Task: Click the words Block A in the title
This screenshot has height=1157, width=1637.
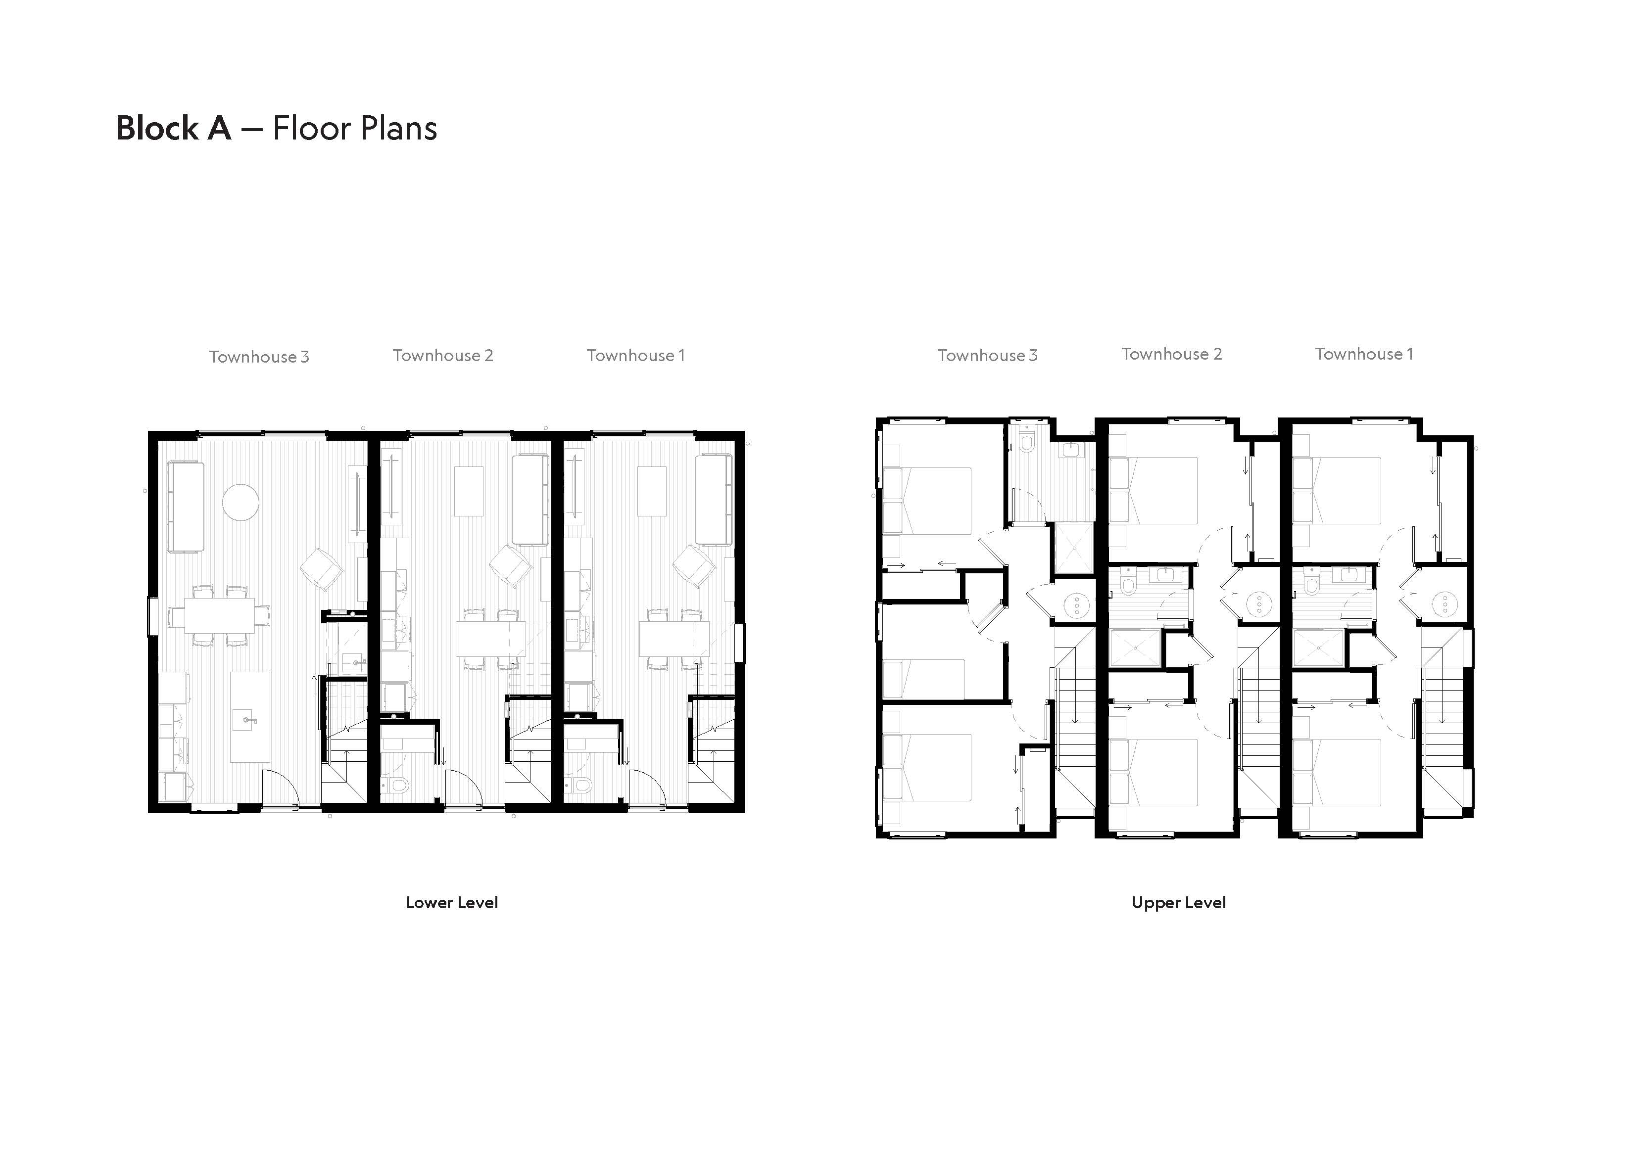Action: [173, 128]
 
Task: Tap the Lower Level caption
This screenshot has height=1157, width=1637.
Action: [452, 903]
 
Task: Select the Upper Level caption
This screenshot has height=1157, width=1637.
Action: [1179, 903]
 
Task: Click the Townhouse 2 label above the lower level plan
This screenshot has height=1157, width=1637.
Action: [443, 355]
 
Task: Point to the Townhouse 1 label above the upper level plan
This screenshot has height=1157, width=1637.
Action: [1364, 354]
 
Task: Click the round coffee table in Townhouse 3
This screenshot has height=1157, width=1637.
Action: [241, 502]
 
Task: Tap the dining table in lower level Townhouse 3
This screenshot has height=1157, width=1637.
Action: [220, 615]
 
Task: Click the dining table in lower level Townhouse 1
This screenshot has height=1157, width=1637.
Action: [675, 639]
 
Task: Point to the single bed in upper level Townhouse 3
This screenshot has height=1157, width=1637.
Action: [924, 679]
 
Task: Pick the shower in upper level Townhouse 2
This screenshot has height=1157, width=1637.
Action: [1136, 648]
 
